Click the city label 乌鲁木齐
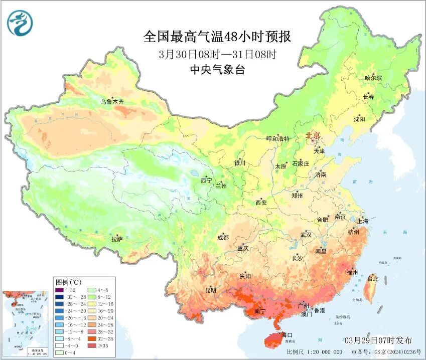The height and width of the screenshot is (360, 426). [x=111, y=102]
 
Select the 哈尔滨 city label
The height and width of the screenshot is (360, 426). [x=373, y=78]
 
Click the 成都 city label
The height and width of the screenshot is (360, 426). [x=223, y=238]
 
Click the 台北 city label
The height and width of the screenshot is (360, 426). [x=372, y=278]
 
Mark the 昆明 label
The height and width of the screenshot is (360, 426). [x=210, y=290]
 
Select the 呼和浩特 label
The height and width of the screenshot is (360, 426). [x=277, y=139]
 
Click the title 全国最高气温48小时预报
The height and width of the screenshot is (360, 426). [x=217, y=37]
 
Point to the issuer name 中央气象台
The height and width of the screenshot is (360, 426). [x=217, y=70]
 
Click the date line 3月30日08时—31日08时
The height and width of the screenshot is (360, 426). [x=217, y=54]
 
